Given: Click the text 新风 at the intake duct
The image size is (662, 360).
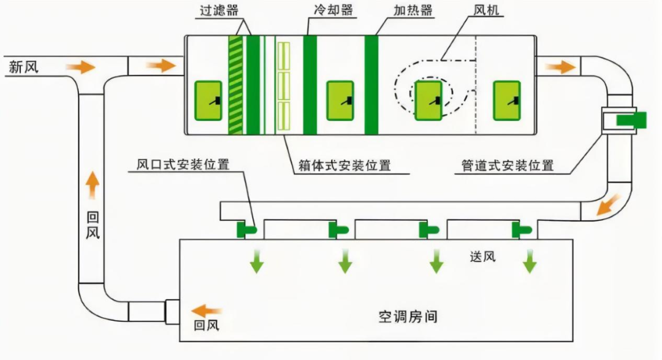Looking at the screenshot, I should click(23, 66).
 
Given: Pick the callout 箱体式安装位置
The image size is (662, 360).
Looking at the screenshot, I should click(344, 165).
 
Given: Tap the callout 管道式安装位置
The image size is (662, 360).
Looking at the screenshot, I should click(508, 165).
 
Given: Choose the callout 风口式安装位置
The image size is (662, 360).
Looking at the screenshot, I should click(183, 164).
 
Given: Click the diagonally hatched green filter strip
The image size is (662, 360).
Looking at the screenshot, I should click(235, 85).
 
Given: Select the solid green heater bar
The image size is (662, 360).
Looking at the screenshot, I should click(371, 85).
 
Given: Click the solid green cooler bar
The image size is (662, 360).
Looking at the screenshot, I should click(310, 85).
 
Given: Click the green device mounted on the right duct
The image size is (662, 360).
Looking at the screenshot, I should click(630, 120).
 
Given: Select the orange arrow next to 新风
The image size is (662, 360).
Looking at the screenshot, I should click(81, 66).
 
